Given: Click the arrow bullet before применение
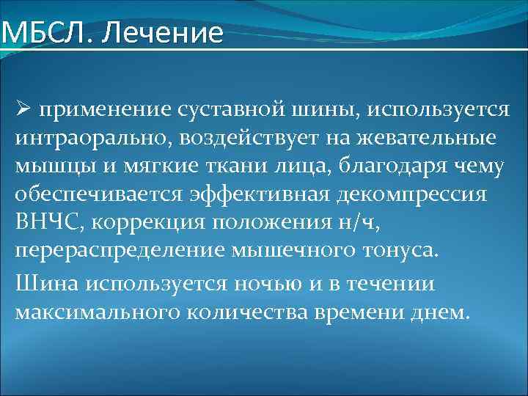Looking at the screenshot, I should pyautogui.click(x=22, y=111).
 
